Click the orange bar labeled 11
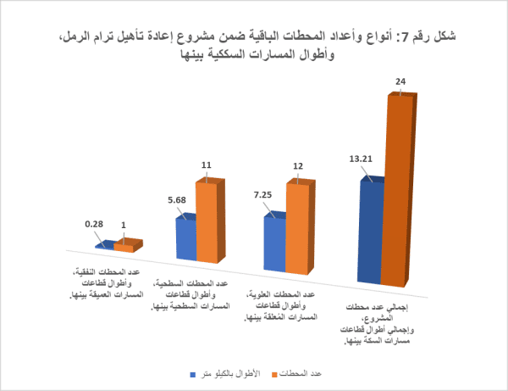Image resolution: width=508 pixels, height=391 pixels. (208, 221)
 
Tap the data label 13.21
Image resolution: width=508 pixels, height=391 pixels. (362, 158)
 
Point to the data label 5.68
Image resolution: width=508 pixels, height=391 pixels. (176, 200)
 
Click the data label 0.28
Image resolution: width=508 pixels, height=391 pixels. (94, 225)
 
